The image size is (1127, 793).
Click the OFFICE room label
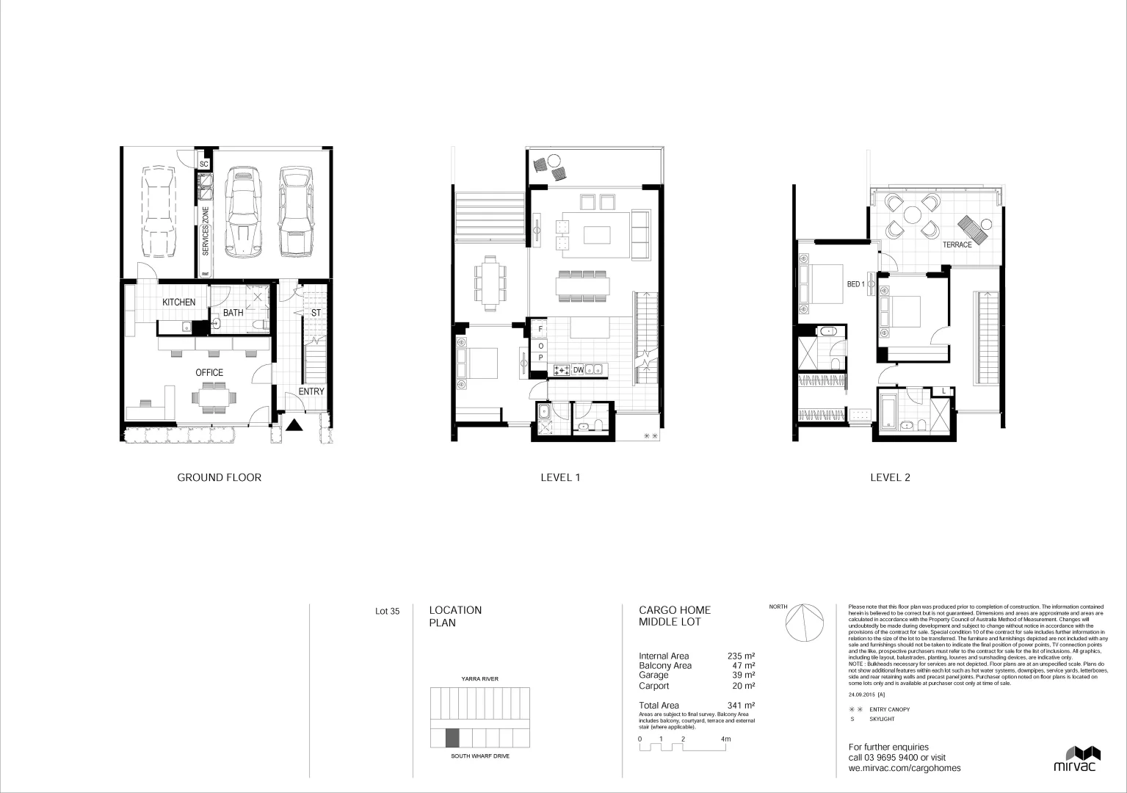pos(209,372)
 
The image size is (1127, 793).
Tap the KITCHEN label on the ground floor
pos(179,302)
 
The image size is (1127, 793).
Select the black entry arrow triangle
pos(294,424)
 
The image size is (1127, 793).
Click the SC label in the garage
pos(204,164)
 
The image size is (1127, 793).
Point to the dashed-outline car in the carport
pos(159,211)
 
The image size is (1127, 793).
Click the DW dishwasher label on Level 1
pos(578,370)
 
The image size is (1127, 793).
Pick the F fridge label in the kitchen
pos(540,331)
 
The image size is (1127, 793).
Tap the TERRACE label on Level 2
pos(957,245)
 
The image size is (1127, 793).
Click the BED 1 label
pos(855,283)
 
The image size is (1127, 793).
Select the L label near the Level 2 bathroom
pos(943,391)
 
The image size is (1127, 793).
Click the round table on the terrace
pos(912,215)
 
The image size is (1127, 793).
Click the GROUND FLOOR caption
pos(219,477)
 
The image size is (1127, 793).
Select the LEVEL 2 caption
pos(890,477)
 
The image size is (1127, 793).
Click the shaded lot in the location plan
pos(452,737)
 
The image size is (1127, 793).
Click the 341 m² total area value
pos(741,706)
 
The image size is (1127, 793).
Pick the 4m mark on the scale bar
pos(726,739)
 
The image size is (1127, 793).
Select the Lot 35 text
pos(387,610)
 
